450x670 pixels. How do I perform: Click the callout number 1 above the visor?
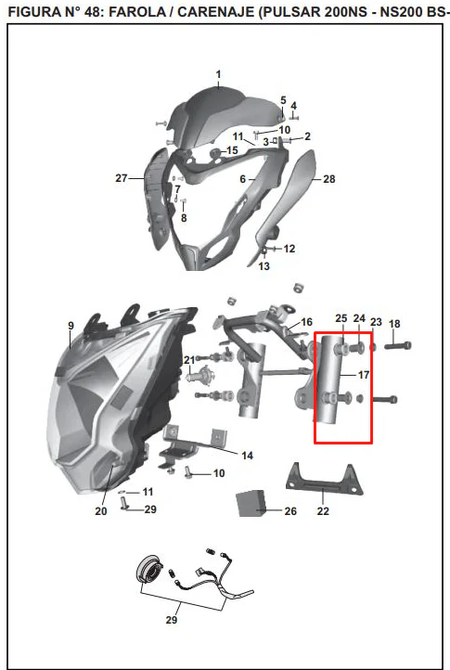point(218,75)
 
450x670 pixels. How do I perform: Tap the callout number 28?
point(329,179)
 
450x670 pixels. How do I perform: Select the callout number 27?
point(122,178)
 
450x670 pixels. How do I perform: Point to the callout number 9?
point(71,326)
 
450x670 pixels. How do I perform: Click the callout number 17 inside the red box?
point(364,375)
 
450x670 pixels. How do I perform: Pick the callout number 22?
point(323,511)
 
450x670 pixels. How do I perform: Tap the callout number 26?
point(290,511)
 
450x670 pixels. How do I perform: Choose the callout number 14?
point(248,456)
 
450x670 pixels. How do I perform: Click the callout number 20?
point(101,511)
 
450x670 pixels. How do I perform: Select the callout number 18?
point(394,324)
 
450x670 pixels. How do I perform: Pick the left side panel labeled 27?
point(157,199)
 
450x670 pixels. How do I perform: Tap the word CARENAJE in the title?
point(216,12)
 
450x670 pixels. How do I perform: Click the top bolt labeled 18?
point(398,345)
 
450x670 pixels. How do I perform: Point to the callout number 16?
point(307,322)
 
